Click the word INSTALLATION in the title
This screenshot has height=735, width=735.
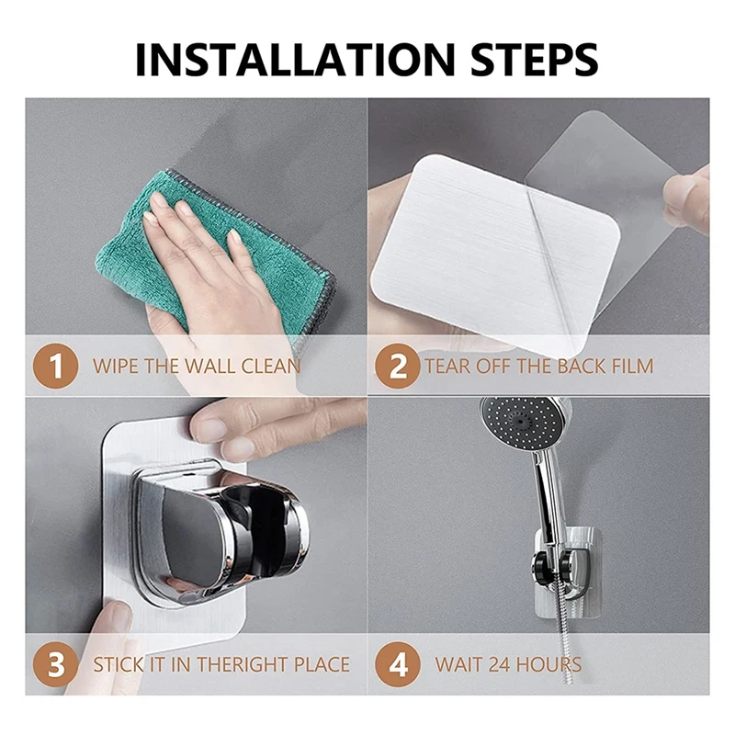(x=295, y=60)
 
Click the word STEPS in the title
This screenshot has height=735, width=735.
(x=535, y=60)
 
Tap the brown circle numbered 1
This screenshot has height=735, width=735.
(x=56, y=366)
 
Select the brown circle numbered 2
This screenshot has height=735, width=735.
(x=398, y=366)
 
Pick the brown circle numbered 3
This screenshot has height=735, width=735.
(x=56, y=664)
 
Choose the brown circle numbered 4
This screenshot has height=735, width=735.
(x=398, y=664)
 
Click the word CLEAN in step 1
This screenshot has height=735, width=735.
(x=271, y=366)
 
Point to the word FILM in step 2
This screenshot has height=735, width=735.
(x=632, y=366)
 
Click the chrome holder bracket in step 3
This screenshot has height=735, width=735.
(x=220, y=535)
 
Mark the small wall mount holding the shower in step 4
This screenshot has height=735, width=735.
(x=568, y=571)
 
